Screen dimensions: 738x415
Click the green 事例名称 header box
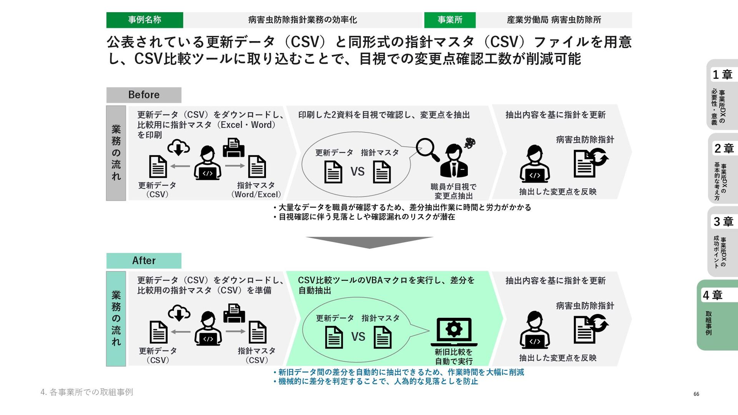tap(145, 20)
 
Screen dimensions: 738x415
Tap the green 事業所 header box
tap(450, 20)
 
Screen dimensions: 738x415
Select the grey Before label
tap(144, 95)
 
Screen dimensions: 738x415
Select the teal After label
tap(144, 261)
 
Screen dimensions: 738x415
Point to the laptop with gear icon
tap(454, 332)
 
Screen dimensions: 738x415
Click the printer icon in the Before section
tap(233, 148)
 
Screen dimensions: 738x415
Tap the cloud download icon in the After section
tap(179, 313)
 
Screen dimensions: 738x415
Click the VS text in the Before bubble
tap(357, 171)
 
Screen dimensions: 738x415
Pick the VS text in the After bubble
tap(358, 337)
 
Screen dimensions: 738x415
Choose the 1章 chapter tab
tap(722, 95)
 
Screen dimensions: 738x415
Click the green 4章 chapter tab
tap(717, 315)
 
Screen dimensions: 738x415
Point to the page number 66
tap(696, 394)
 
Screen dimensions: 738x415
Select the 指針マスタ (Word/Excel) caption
tap(256, 190)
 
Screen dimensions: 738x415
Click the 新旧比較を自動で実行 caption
tap(454, 357)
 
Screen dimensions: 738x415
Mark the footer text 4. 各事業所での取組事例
tap(87, 392)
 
